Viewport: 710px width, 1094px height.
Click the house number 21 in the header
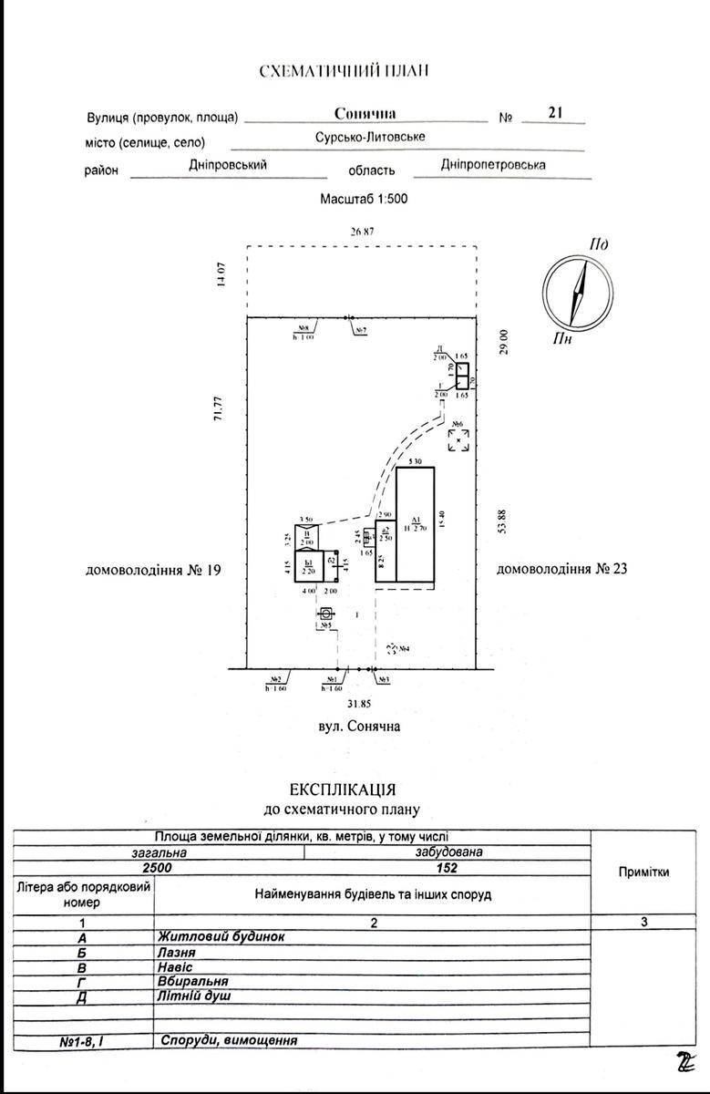(554, 113)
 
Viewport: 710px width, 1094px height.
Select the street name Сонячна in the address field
(365, 114)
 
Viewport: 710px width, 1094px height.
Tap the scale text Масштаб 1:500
(364, 198)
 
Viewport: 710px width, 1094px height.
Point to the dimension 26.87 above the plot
(363, 232)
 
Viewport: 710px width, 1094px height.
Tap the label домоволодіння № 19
(153, 571)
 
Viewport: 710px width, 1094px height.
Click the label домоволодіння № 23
(562, 570)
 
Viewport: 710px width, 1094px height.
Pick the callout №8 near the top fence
(304, 328)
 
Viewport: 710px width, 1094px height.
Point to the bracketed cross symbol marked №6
(459, 440)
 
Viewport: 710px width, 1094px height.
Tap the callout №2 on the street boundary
(275, 680)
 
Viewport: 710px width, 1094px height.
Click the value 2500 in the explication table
(159, 868)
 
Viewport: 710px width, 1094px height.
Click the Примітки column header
(643, 872)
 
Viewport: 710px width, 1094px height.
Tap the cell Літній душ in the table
(194, 996)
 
